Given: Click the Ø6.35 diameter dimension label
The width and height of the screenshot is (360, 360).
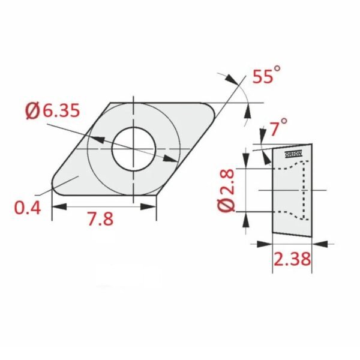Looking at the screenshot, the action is click(53, 110).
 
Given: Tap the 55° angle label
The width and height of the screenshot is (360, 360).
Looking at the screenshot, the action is click(266, 74).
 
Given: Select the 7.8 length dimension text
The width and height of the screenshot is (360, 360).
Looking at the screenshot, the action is click(100, 218).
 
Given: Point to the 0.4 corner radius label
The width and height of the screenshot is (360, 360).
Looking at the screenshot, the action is click(28, 208).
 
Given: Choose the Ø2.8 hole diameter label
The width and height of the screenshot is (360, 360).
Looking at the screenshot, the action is click(226, 190).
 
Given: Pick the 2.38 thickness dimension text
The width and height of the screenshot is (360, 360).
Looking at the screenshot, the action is click(292, 259).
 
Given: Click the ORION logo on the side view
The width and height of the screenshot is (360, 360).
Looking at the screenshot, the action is click(293, 154).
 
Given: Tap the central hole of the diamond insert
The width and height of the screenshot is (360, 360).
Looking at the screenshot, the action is click(133, 149).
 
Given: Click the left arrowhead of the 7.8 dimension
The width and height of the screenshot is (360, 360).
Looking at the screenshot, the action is click(59, 206).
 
